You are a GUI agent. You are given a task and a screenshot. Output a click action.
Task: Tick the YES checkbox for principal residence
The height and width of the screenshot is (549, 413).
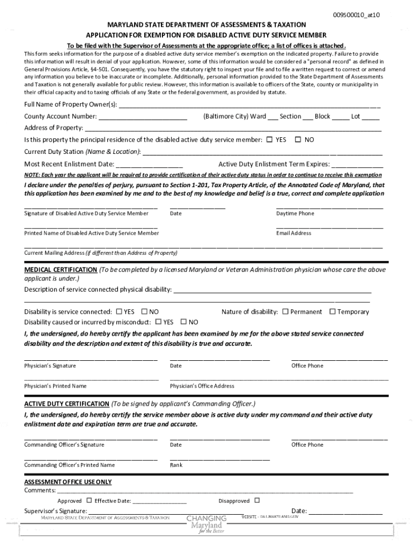point(270,140)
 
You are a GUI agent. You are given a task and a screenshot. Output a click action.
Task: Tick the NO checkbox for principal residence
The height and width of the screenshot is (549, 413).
point(298,140)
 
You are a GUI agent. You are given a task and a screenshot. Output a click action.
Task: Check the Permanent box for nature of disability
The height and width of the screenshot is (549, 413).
point(285,311)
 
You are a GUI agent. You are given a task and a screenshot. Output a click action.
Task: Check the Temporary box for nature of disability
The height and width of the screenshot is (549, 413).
point(333,311)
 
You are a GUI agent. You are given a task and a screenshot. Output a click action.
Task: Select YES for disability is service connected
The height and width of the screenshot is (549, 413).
point(118,311)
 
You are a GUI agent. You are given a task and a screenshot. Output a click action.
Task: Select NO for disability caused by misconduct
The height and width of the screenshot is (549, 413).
point(183,322)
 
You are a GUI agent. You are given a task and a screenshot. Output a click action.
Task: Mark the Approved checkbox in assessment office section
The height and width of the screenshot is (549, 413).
point(89,500)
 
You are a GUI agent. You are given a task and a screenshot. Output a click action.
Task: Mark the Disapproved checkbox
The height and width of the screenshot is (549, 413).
point(257,500)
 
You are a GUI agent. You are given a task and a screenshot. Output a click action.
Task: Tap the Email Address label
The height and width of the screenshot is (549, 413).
point(293,233)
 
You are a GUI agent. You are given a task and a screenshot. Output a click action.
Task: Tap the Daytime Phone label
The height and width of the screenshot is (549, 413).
point(295,213)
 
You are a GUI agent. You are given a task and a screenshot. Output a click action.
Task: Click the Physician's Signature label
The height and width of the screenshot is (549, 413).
point(50,366)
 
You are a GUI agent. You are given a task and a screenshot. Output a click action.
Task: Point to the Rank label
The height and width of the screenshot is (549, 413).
point(176,465)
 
